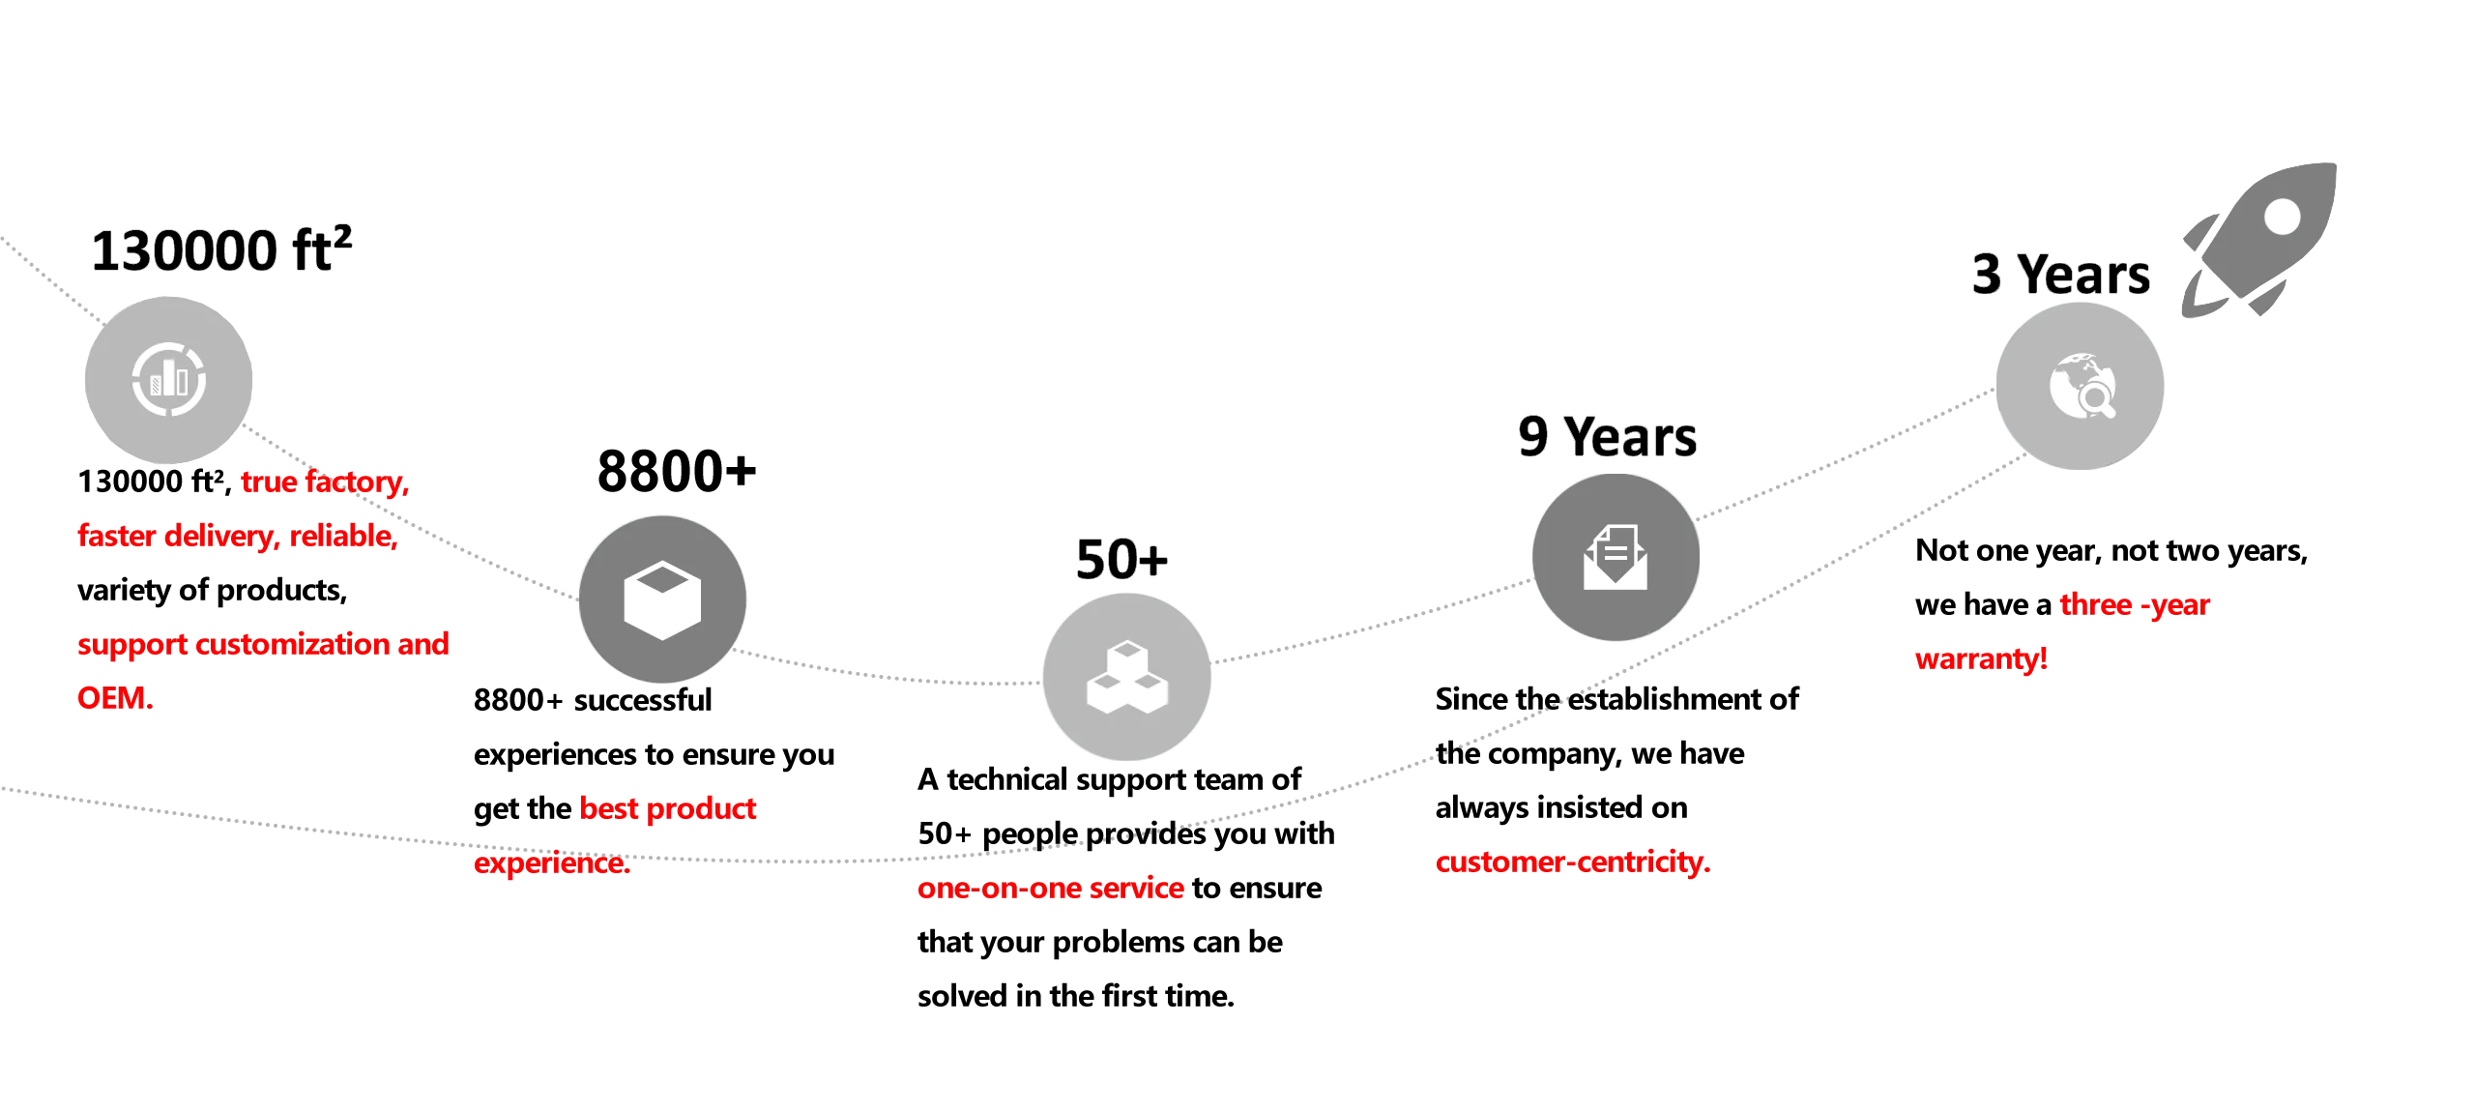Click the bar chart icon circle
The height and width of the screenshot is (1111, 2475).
(169, 377)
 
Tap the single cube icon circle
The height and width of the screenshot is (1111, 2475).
(662, 599)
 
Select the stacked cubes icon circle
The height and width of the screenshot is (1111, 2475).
(1127, 678)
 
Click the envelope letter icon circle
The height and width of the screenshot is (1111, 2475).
(1616, 557)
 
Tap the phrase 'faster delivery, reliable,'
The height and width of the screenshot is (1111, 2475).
(238, 536)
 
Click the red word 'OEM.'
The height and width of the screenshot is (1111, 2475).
(115, 698)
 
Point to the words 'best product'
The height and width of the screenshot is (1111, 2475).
(668, 808)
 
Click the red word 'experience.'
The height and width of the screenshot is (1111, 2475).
(552, 862)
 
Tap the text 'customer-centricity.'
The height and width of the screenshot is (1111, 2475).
(1574, 862)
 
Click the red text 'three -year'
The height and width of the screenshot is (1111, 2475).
(2135, 605)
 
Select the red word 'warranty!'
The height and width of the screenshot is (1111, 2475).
(1981, 659)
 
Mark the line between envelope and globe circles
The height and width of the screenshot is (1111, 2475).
(1847, 454)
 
